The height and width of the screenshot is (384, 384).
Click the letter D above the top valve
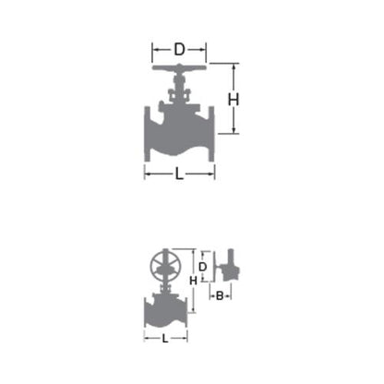pos(179,49)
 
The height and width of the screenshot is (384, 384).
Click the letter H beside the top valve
pos(234,100)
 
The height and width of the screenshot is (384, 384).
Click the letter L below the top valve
pos(179,174)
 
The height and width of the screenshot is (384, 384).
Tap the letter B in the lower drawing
pos(220,295)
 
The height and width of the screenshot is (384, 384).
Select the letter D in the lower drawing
pos(202,267)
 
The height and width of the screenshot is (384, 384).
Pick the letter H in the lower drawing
pos(193,281)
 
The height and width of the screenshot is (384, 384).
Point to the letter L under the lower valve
pos(165,339)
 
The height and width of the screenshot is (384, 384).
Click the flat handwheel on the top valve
pos(179,67)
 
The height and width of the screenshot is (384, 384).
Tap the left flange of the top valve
pos(148,134)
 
